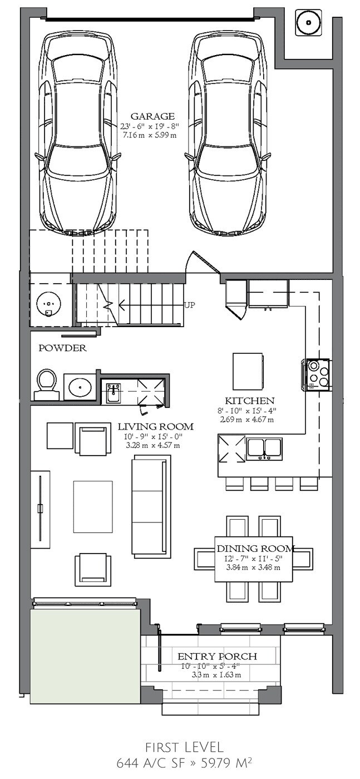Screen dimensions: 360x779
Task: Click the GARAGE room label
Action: coord(152,116)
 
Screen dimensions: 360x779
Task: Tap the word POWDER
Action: coord(62,348)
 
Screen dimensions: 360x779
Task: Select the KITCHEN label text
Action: coord(250,401)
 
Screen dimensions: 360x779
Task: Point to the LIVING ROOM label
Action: coord(155,427)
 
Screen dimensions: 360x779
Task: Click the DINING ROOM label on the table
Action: coord(255,549)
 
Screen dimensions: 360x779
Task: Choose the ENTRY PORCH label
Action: coord(218,656)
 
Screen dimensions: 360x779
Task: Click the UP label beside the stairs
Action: coord(190,305)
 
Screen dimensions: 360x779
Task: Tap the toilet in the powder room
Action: coord(47,384)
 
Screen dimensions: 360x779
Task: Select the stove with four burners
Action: coord(317,375)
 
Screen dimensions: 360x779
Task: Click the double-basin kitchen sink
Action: coord(264,448)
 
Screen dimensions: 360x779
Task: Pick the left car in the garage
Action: coord(77,133)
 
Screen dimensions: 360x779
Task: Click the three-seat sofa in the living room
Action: coord(151,507)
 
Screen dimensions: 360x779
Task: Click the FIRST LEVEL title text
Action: coord(184,747)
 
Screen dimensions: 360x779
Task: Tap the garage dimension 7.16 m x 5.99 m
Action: coord(150,135)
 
